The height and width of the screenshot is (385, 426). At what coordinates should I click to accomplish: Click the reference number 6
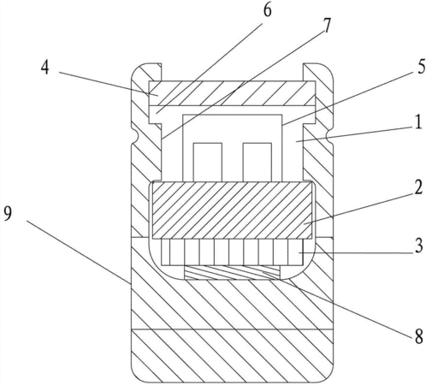point(267,10)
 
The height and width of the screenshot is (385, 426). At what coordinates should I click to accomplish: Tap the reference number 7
point(327,26)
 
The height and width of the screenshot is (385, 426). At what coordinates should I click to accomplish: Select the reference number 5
point(421,67)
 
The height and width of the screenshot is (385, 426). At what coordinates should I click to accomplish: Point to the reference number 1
point(418,122)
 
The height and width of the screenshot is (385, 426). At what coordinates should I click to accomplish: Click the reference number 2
point(418,187)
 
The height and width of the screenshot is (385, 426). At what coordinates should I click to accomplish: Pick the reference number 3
point(418,246)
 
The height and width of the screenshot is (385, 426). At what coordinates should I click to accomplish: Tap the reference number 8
point(418,337)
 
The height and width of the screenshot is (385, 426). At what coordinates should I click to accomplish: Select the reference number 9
point(8,213)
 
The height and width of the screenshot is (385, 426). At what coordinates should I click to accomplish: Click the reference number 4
point(44,68)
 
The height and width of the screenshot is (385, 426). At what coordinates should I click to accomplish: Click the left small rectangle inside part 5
point(208,162)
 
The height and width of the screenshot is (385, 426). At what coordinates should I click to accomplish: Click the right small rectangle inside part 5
point(257,162)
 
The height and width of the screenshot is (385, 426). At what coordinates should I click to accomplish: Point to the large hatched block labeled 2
point(233,210)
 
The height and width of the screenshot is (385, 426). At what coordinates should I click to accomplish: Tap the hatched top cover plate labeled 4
point(232,93)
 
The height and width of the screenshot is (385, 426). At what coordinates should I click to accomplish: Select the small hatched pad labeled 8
point(233,273)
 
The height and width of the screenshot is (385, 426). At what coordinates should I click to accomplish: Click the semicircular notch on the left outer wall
point(135,137)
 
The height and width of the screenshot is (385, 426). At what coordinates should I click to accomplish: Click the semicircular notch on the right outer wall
point(329,137)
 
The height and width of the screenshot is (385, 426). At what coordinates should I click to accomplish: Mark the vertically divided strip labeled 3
point(233,252)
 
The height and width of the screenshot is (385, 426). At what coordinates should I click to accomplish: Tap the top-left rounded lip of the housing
point(146,72)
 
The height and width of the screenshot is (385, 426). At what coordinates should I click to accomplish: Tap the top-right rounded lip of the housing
point(318,72)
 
